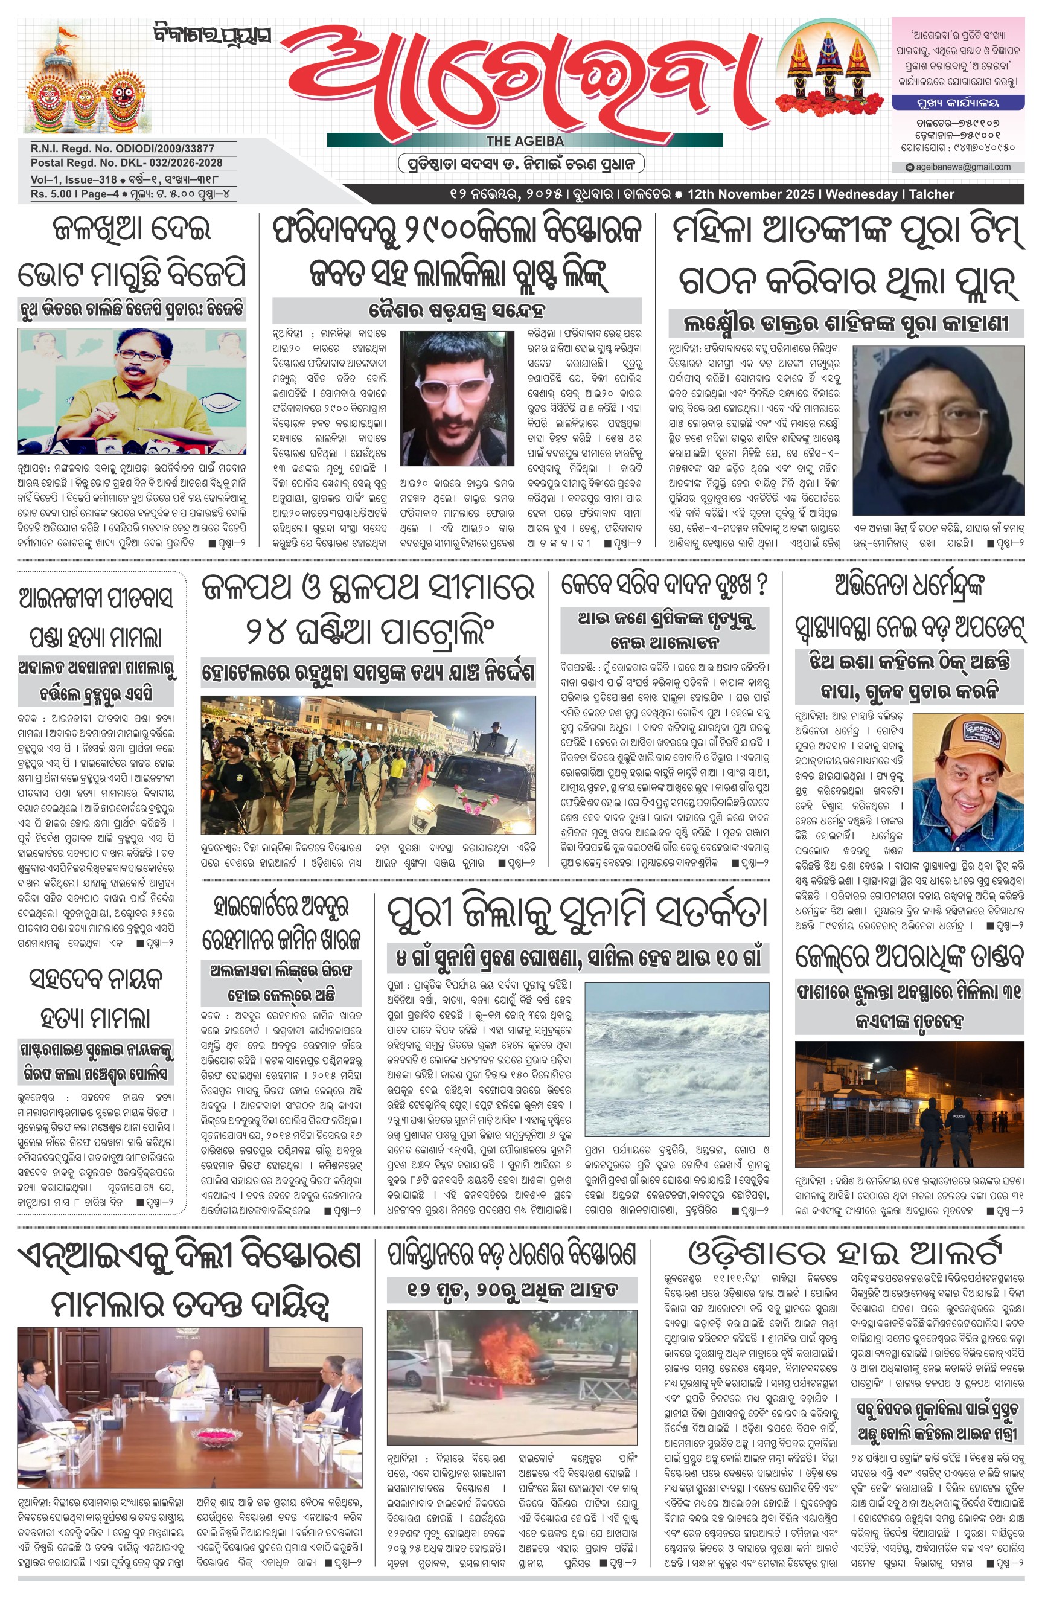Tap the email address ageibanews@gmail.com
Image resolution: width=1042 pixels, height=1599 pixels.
click(962, 167)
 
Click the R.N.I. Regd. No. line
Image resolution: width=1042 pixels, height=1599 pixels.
click(123, 149)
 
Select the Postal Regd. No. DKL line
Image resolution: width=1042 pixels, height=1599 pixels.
click(126, 162)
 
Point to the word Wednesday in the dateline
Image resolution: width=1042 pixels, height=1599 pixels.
click(863, 194)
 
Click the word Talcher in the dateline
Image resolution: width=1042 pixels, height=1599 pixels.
click(931, 194)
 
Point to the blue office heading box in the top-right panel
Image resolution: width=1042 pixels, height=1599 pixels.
click(957, 103)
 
